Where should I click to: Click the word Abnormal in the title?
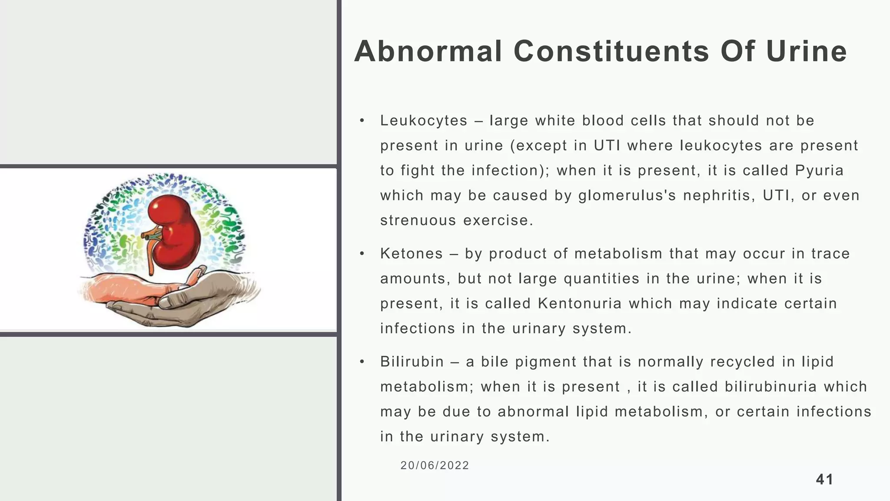click(x=428, y=51)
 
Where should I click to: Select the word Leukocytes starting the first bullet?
click(x=424, y=120)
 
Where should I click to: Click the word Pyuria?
click(x=819, y=170)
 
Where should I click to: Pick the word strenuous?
click(x=418, y=220)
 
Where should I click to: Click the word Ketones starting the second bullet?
click(x=412, y=254)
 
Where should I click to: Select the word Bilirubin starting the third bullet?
click(x=412, y=362)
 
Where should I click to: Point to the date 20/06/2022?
click(x=435, y=465)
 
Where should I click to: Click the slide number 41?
click(x=824, y=479)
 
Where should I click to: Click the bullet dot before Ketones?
click(x=362, y=254)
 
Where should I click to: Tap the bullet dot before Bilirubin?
click(x=362, y=362)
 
